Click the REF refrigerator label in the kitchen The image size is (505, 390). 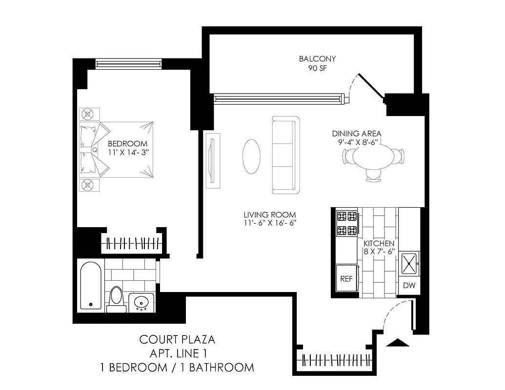point(346,279)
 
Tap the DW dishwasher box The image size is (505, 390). point(409,286)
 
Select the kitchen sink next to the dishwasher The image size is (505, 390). point(409,264)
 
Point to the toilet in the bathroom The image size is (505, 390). point(116,297)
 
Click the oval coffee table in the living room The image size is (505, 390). point(252,156)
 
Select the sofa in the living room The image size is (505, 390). point(285,155)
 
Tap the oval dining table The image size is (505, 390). point(374,157)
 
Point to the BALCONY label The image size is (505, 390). point(317,59)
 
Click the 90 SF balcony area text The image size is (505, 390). point(317,68)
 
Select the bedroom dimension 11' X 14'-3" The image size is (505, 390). point(127,153)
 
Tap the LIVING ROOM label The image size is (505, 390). point(270,214)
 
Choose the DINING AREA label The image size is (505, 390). point(357,134)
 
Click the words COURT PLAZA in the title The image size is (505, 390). point(177,339)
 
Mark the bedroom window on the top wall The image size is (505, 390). point(128,63)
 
